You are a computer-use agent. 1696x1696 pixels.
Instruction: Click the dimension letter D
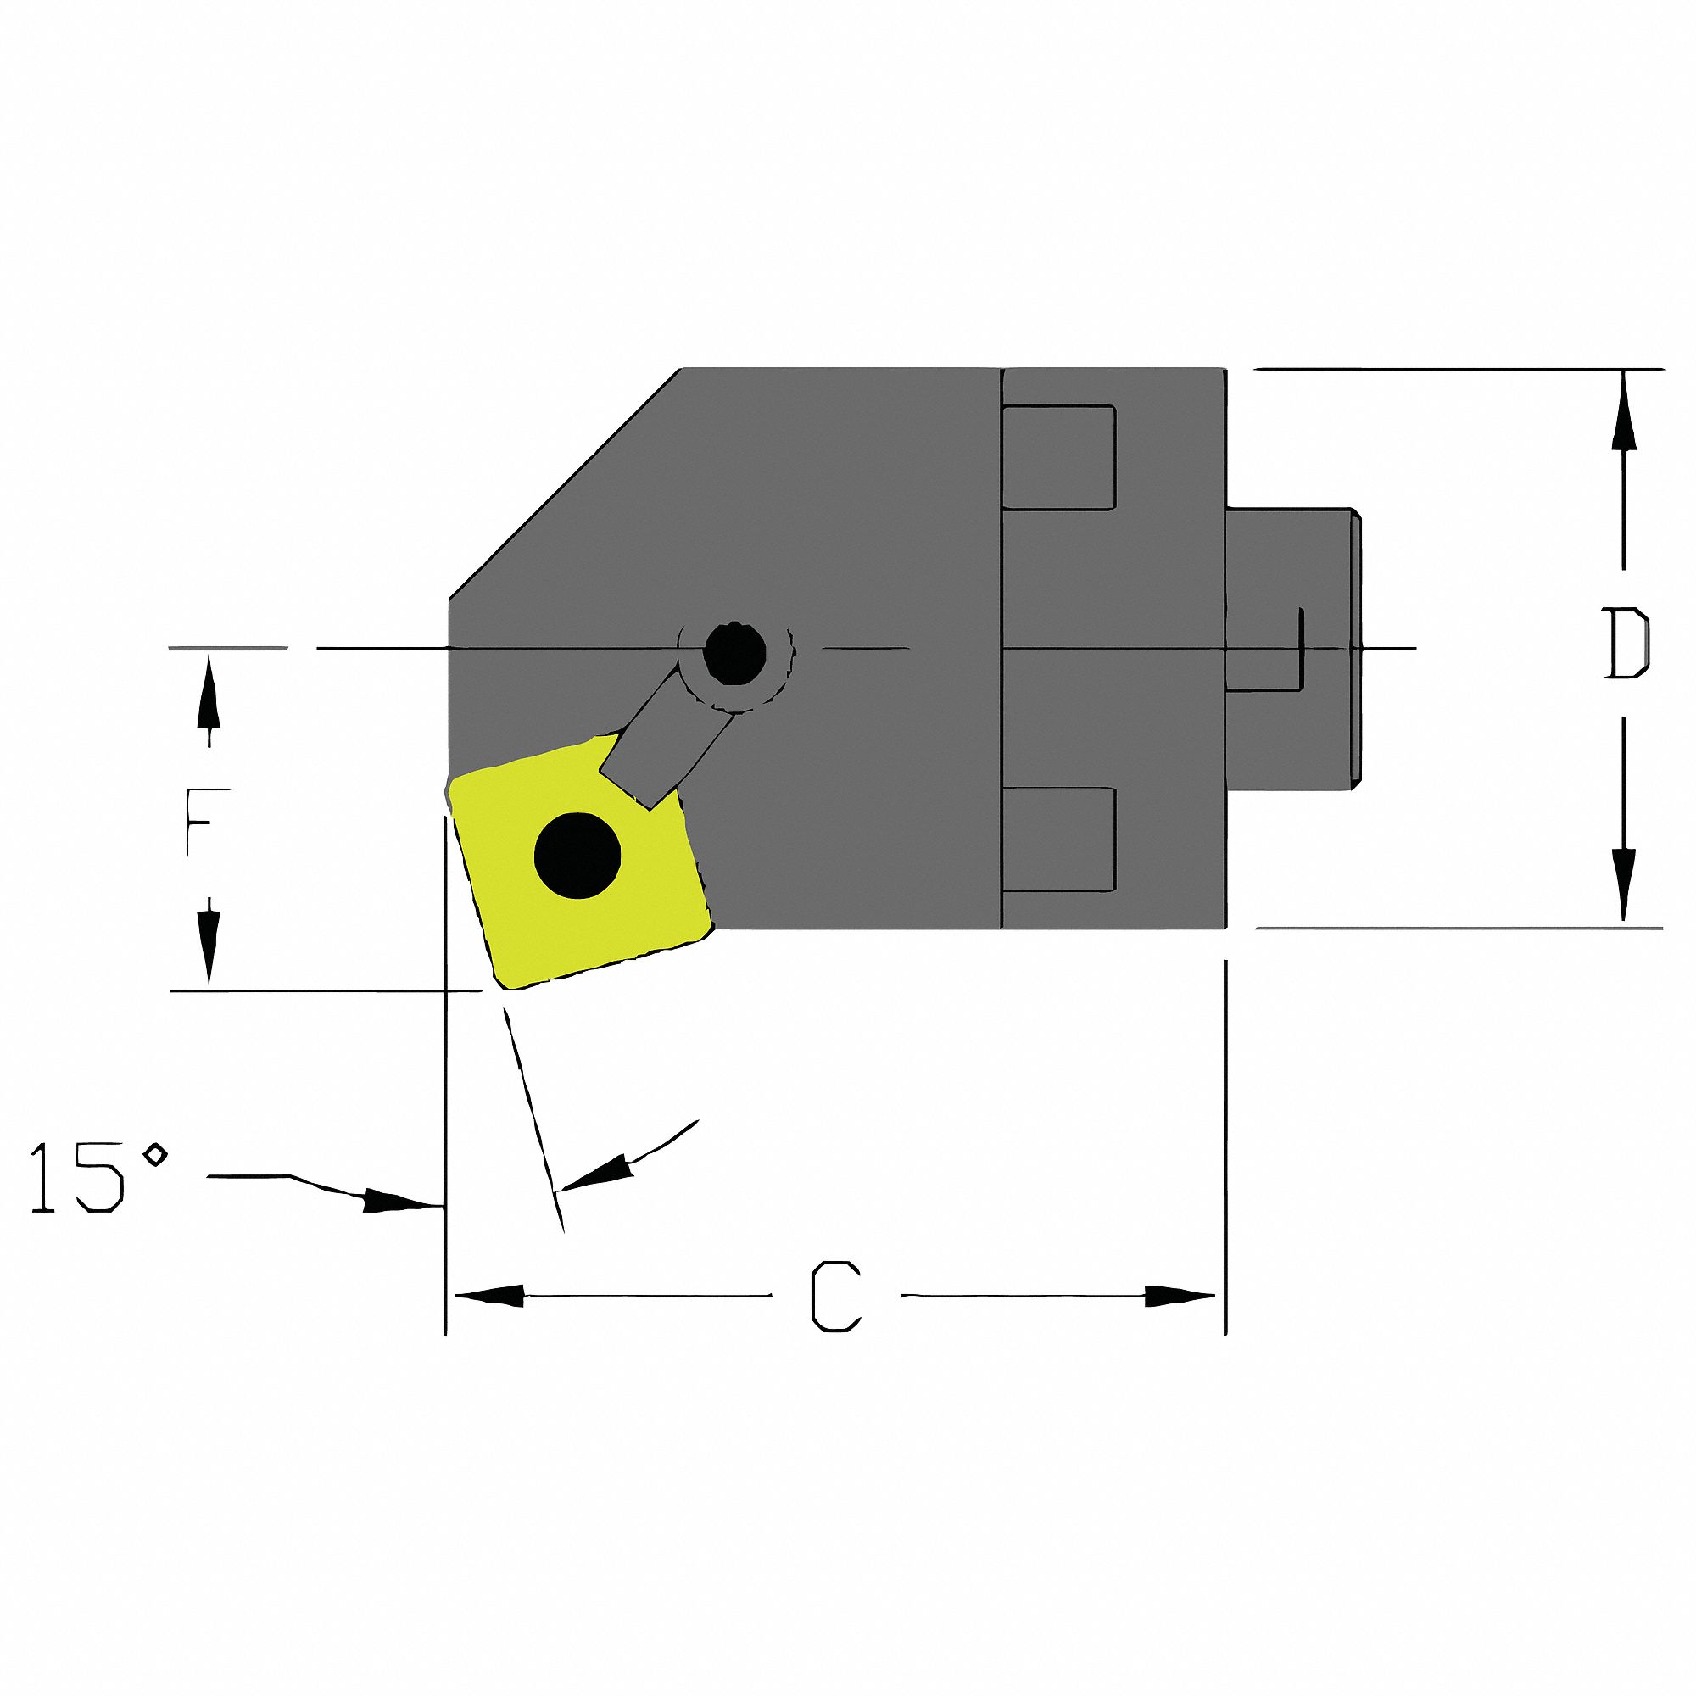(1626, 644)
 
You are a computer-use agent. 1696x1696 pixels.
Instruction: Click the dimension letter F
(208, 822)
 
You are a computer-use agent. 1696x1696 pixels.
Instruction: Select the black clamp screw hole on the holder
(735, 653)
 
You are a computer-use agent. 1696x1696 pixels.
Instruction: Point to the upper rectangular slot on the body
(1058, 457)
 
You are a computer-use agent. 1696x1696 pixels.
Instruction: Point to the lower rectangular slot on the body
(1058, 840)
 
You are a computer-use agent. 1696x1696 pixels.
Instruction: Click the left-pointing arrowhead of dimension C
(488, 1296)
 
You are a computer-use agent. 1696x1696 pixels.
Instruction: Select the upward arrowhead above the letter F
(208, 694)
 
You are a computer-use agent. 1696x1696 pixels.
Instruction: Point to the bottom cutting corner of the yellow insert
(509, 983)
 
